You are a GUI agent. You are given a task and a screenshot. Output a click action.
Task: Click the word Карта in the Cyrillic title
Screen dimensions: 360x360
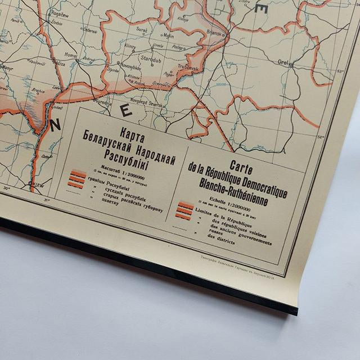[x=128, y=130]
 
